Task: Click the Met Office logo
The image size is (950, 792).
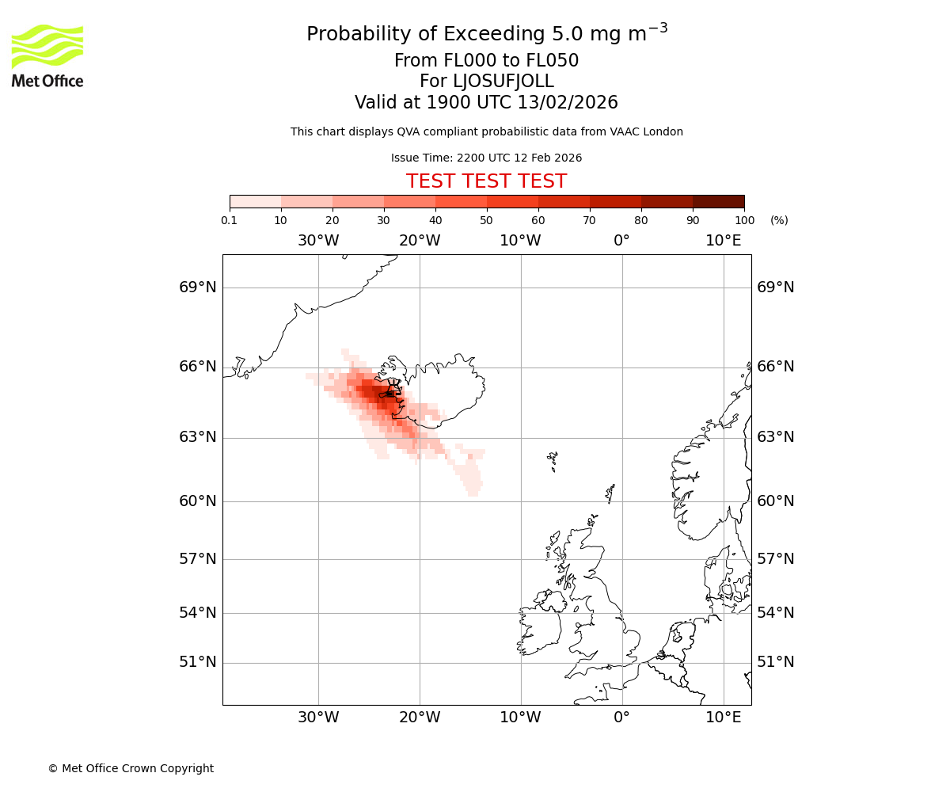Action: click(47, 55)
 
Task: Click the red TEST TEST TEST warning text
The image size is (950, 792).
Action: click(486, 181)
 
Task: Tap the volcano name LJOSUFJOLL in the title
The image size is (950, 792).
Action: click(486, 82)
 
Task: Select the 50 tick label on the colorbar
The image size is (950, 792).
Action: click(486, 220)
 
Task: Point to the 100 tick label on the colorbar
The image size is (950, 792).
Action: click(743, 220)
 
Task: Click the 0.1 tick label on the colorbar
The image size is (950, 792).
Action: click(230, 220)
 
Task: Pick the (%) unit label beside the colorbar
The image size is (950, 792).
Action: click(779, 220)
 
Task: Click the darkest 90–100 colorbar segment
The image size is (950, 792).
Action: click(718, 201)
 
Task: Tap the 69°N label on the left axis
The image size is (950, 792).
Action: click(198, 287)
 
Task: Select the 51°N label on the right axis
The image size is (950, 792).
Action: click(776, 662)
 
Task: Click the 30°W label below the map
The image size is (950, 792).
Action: click(318, 718)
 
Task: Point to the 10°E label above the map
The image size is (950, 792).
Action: click(723, 241)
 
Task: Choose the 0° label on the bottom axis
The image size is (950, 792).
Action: click(622, 718)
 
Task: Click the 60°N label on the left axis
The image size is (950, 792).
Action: click(198, 501)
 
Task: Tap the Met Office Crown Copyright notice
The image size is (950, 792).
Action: click(131, 768)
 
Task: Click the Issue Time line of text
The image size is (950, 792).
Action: click(486, 158)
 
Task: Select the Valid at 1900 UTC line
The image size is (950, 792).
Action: click(486, 103)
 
